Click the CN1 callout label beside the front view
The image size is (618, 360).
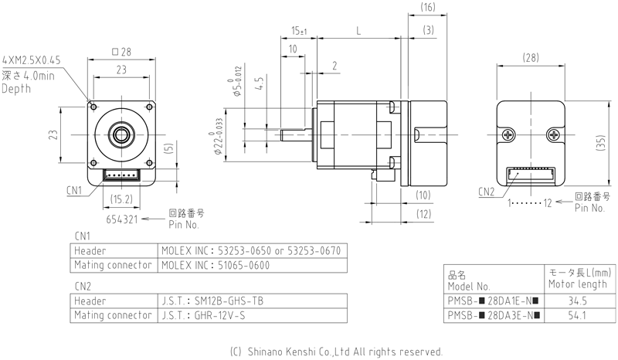pyautogui.click(x=74, y=188)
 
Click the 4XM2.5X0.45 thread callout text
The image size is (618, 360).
pyautogui.click(x=36, y=59)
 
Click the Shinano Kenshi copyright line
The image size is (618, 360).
pyautogui.click(x=336, y=350)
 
